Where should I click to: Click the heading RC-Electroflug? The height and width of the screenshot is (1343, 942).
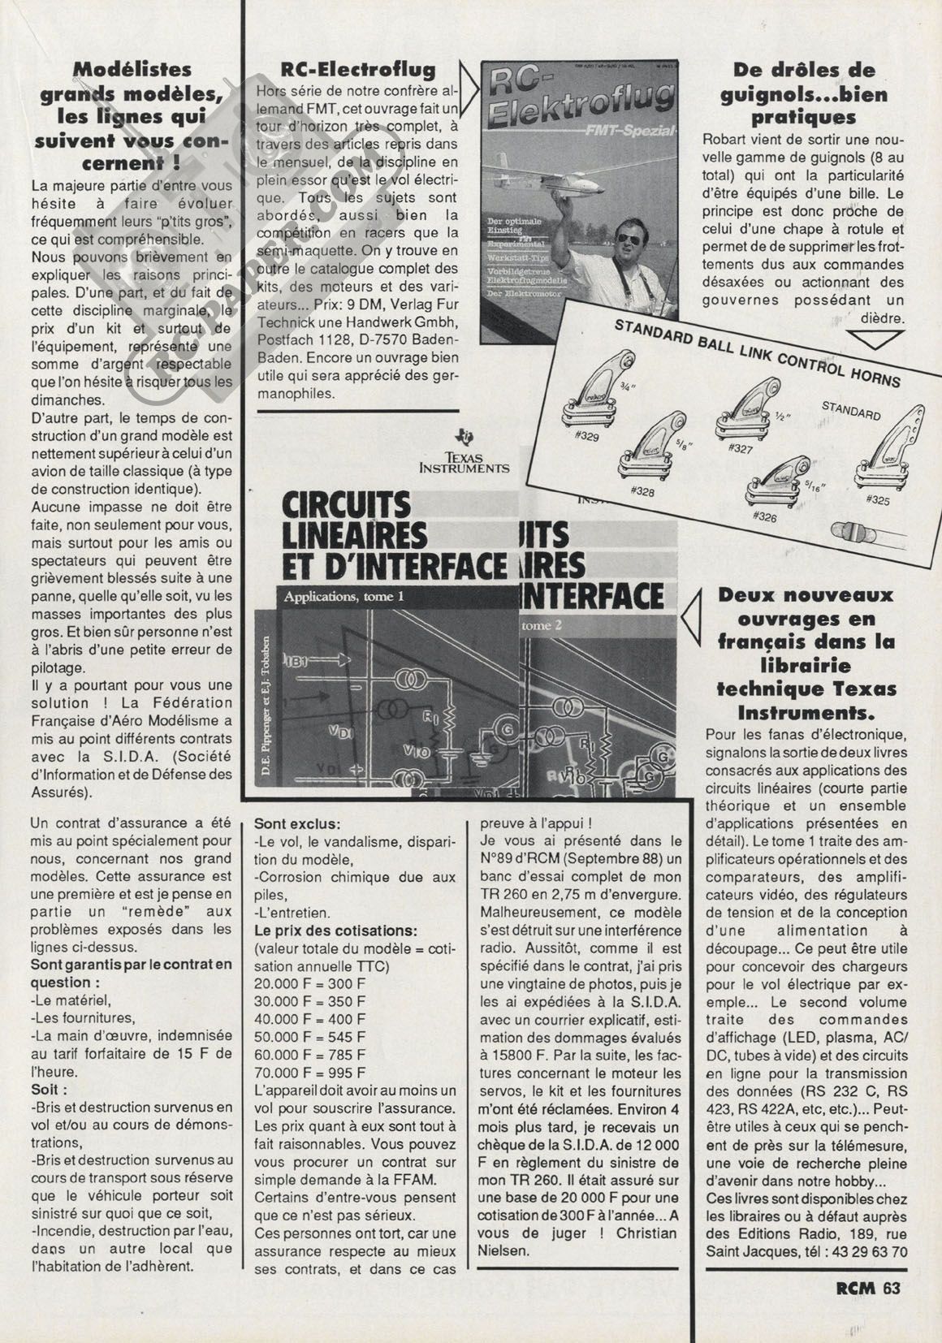[x=356, y=70]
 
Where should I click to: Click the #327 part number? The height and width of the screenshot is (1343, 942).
[x=741, y=448]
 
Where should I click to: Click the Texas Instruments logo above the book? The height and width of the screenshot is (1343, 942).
[x=465, y=451]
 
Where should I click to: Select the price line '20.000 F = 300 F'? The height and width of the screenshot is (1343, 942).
[x=310, y=983]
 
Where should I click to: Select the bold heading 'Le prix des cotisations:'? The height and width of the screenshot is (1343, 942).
[x=336, y=930]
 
